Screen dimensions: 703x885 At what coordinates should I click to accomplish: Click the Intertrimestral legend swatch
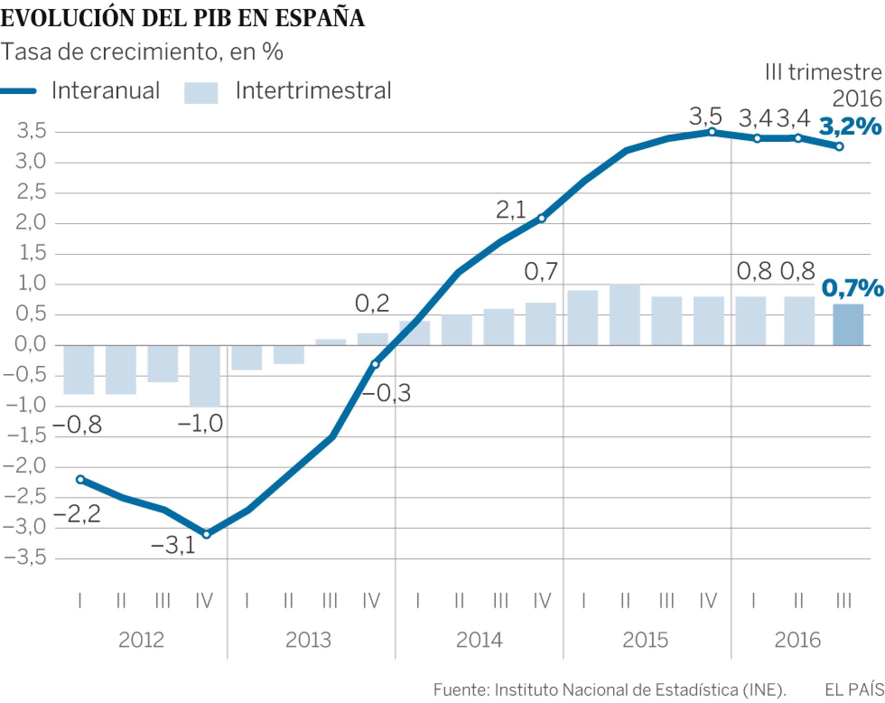201,93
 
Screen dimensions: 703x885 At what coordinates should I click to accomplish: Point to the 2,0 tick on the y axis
31,223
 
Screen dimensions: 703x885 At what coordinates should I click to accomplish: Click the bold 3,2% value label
850,127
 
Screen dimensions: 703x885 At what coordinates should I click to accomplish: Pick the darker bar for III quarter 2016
848,325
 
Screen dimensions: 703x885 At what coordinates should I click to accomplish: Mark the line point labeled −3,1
207,534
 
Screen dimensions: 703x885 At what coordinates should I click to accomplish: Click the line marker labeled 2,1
542,219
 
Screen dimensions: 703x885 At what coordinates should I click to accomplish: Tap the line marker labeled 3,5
712,131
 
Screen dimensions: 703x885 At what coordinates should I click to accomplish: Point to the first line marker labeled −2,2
80,479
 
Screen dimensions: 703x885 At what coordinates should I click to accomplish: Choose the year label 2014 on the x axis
479,640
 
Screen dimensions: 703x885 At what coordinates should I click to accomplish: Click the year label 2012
141,640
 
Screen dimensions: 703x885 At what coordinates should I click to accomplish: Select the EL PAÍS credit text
854,690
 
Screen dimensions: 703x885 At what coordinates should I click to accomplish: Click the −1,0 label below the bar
200,424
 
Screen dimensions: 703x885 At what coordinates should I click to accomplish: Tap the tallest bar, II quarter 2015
624,315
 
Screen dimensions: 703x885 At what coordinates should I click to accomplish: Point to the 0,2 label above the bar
372,304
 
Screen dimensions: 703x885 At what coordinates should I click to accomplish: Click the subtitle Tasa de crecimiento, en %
142,52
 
